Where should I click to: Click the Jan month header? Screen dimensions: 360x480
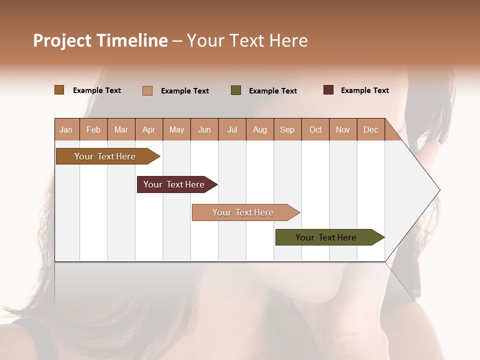pos(66,129)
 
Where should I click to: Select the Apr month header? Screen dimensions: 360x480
pos(148,129)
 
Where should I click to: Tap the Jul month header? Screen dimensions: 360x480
pos(232,129)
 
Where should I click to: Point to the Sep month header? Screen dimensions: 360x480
pos(287,129)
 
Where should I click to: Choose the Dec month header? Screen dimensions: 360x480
pos(370,129)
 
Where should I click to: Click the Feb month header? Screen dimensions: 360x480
pos(93,129)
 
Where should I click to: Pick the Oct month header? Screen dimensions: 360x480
pos(315,129)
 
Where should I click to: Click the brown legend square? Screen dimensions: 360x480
pos(59,90)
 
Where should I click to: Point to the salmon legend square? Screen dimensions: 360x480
pos(147,90)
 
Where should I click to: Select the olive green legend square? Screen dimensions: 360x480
pos(236,90)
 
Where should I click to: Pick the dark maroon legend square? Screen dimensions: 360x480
pos(328,90)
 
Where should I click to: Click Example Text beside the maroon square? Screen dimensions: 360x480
pos(364,90)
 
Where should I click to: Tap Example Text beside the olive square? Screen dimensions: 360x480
pos(272,91)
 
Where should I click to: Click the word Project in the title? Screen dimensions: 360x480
pos(62,40)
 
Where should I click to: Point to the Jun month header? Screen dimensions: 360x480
pos(204,129)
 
